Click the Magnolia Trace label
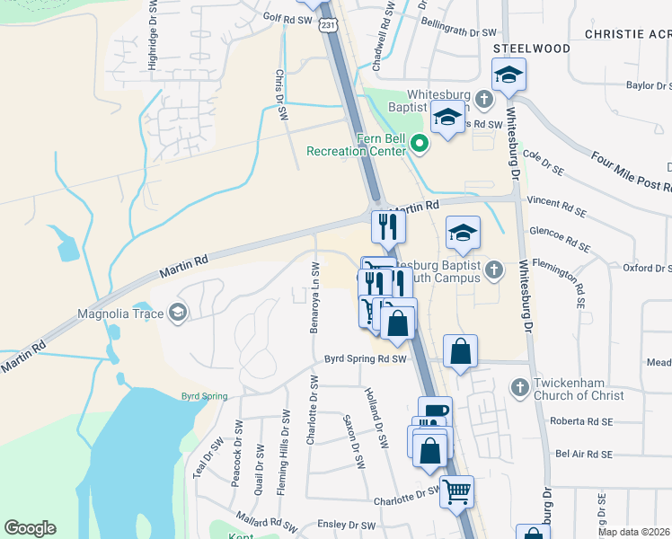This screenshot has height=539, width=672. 118,313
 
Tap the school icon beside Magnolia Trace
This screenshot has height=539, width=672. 177,313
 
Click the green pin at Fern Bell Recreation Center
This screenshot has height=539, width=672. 419,143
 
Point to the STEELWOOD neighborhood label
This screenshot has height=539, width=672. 531,48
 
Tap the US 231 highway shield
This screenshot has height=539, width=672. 328,25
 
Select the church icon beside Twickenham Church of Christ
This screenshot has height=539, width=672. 518,388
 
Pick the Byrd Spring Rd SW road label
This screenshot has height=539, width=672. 367,359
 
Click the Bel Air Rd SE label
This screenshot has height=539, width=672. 584,455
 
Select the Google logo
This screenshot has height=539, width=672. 30,528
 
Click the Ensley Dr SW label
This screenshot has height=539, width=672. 348,525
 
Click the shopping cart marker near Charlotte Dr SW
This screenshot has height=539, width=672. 456,490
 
